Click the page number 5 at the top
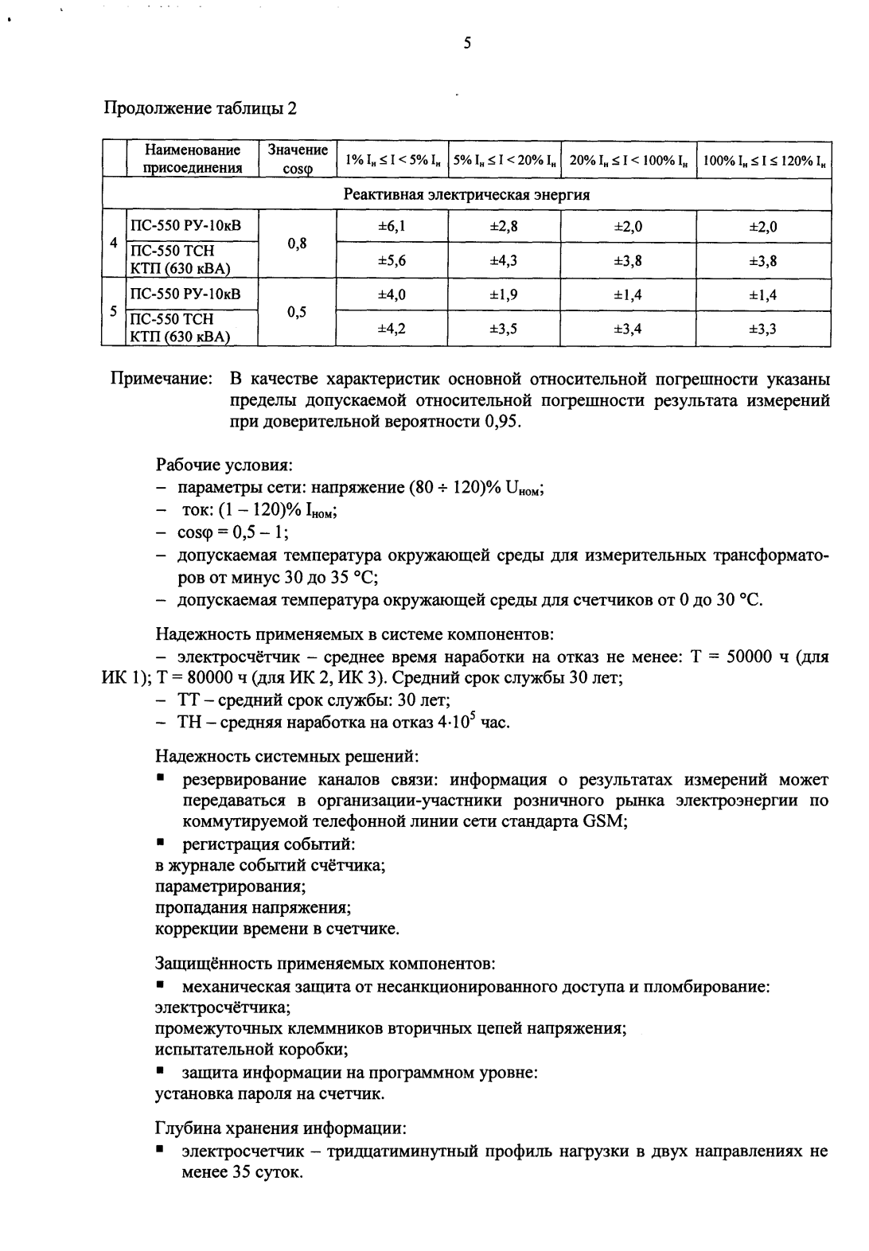tap(467, 44)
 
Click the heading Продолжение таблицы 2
tap(201, 108)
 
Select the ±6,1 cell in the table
tap(392, 226)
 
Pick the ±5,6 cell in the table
tap(392, 260)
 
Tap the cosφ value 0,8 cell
tap(297, 244)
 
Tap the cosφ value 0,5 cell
tap(297, 312)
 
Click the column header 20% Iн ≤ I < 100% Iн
tap(628, 161)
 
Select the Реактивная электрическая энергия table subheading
tap(466, 194)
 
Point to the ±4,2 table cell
tap(392, 329)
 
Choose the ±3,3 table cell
tap(762, 329)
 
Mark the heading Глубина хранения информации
tap(280, 1128)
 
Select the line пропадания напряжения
tap(253, 907)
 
